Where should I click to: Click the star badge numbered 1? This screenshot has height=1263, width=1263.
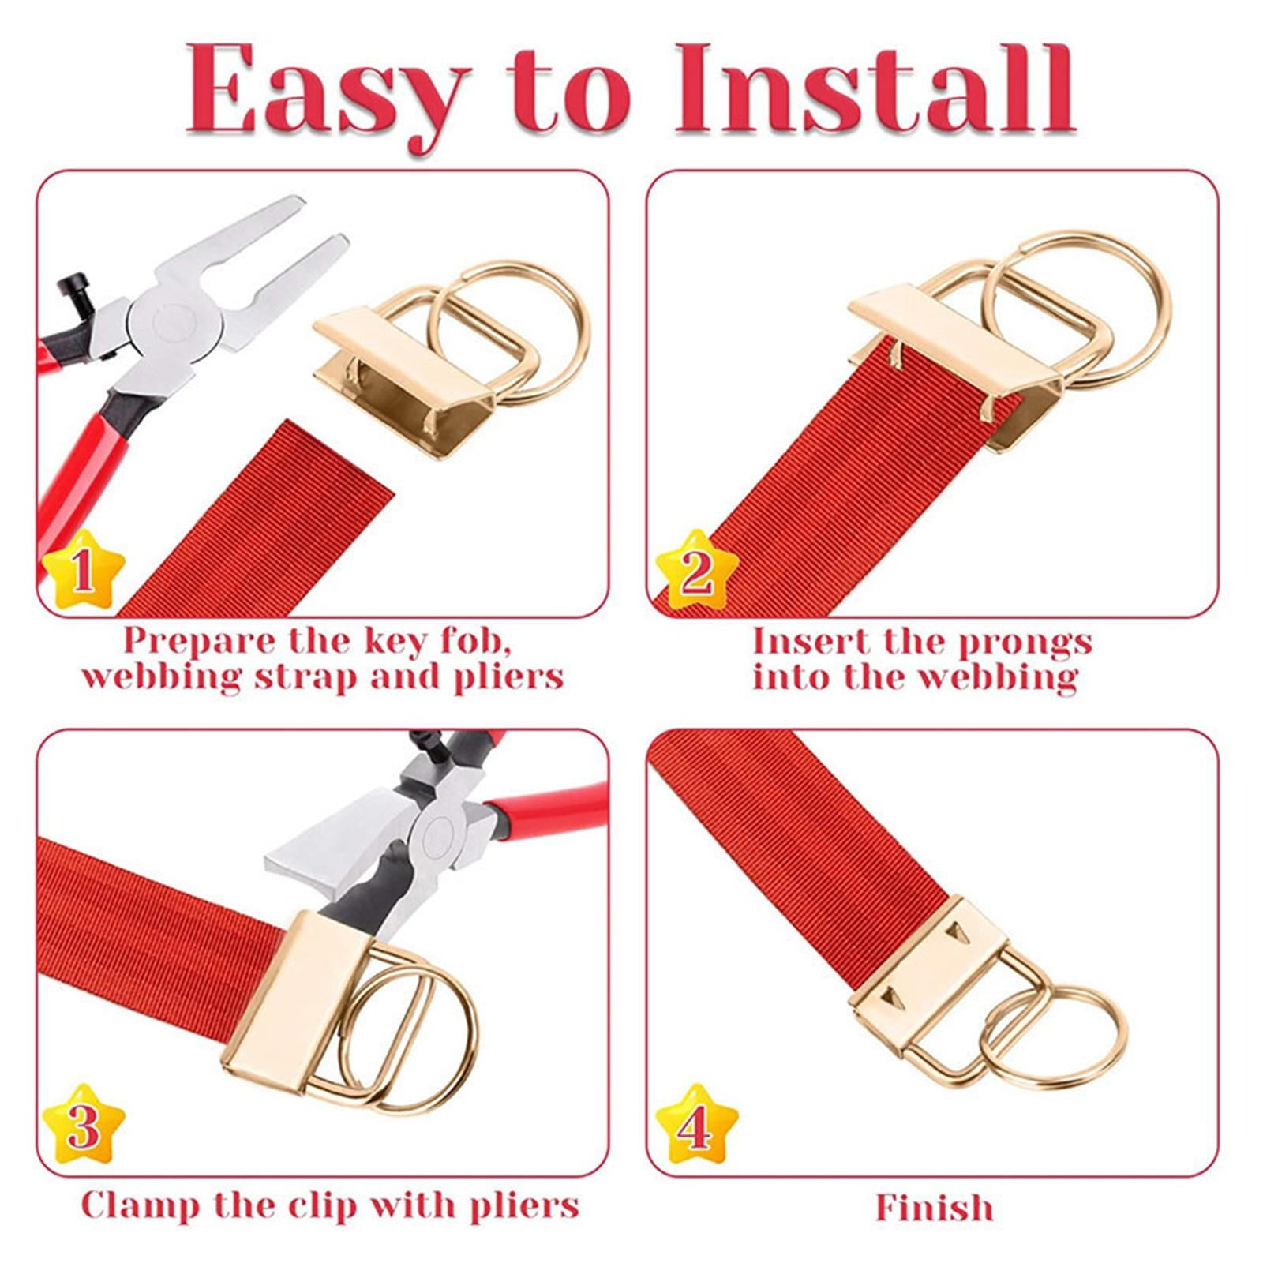tap(84, 571)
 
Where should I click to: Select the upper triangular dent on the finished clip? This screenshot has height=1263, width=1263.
tap(958, 932)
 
